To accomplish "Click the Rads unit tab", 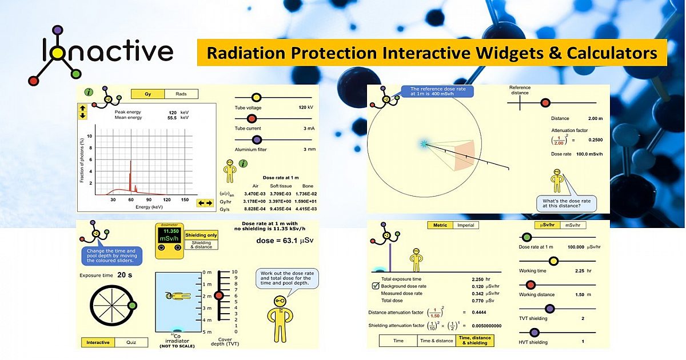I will pos(181,94).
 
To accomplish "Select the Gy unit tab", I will pos(147,94).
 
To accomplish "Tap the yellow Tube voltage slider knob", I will pos(256,98).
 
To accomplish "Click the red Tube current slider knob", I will pos(251,119).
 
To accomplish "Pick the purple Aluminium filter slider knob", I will pos(257,139).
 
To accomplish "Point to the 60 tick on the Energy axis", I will pos(130,199).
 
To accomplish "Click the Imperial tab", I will pos(466,225).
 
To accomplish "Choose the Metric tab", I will pos(440,225).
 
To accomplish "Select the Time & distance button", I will pos(437,341).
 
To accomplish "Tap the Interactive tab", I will pos(98,342).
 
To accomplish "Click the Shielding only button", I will pos(201,235).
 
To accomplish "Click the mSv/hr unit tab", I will pos(574,225).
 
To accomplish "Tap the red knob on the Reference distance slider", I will pos(545,103).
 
